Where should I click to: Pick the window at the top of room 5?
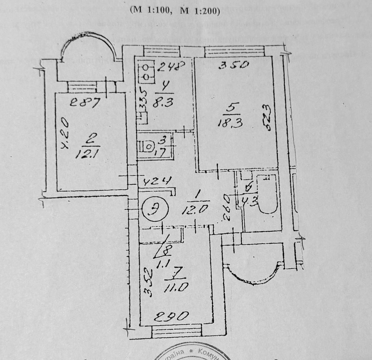pyautogui.click(x=234, y=52)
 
